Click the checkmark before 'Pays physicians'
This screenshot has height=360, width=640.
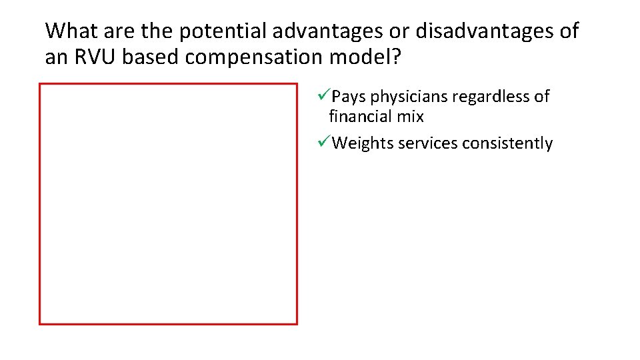[x=325, y=96]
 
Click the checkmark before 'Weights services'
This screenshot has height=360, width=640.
[x=325, y=143]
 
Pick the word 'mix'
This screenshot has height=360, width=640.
[x=411, y=117]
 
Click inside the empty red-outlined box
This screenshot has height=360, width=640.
[x=168, y=203]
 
